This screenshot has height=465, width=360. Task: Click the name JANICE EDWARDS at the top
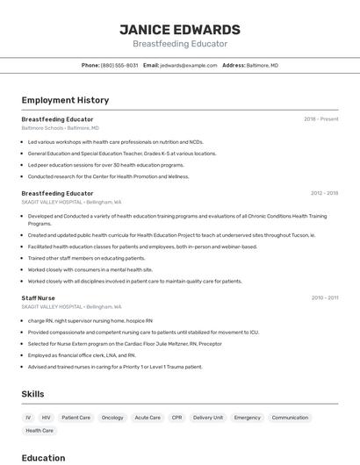pos(180,30)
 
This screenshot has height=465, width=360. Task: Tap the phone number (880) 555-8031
pos(119,65)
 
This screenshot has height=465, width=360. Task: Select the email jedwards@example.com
pos(188,65)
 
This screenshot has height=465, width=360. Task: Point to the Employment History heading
pos(65,101)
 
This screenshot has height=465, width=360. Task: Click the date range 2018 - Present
pos(321,119)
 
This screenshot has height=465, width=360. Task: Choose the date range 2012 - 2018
pos(324,193)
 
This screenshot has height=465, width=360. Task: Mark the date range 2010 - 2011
pos(324,298)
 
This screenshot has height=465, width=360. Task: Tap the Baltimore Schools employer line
pos(60,128)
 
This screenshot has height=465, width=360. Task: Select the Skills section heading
pos(32,394)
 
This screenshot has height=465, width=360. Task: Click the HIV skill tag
pos(46,418)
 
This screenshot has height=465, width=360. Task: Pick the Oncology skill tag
pos(112,418)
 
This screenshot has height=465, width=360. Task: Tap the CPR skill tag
pos(176,418)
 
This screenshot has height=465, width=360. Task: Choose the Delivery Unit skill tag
pos(208,418)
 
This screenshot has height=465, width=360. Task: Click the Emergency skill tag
pos(248,418)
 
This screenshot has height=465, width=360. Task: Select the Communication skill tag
pos(290,418)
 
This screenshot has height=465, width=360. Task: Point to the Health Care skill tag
pos(40,431)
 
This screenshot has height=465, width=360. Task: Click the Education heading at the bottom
pos(43,457)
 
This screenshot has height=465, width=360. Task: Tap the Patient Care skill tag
pos(76,418)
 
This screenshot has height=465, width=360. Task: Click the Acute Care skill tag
pos(148,418)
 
